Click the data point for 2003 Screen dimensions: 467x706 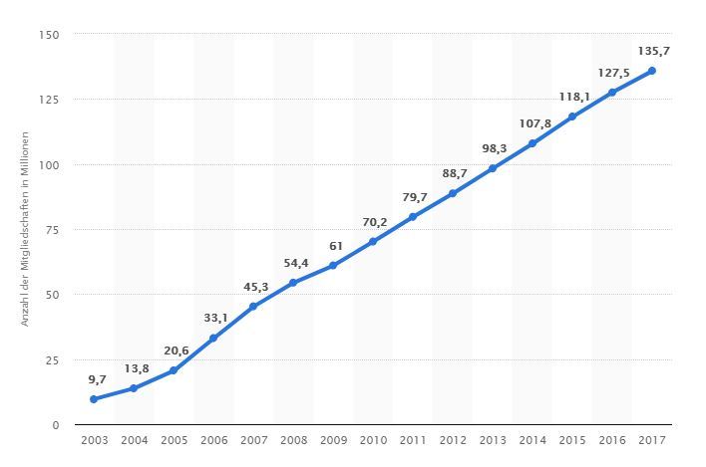point(94,399)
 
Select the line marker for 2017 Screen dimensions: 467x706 point(651,71)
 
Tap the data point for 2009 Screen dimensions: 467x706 point(332,266)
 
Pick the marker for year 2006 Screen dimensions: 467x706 point(213,339)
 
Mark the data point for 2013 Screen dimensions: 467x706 point(492,168)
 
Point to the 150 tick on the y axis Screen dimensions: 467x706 point(51,35)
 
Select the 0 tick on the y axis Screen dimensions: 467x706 point(57,425)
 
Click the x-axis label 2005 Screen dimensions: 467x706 point(174,439)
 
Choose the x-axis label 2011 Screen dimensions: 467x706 point(412,439)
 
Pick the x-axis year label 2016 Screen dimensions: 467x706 point(611,439)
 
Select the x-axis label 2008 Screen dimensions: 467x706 point(293,439)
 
